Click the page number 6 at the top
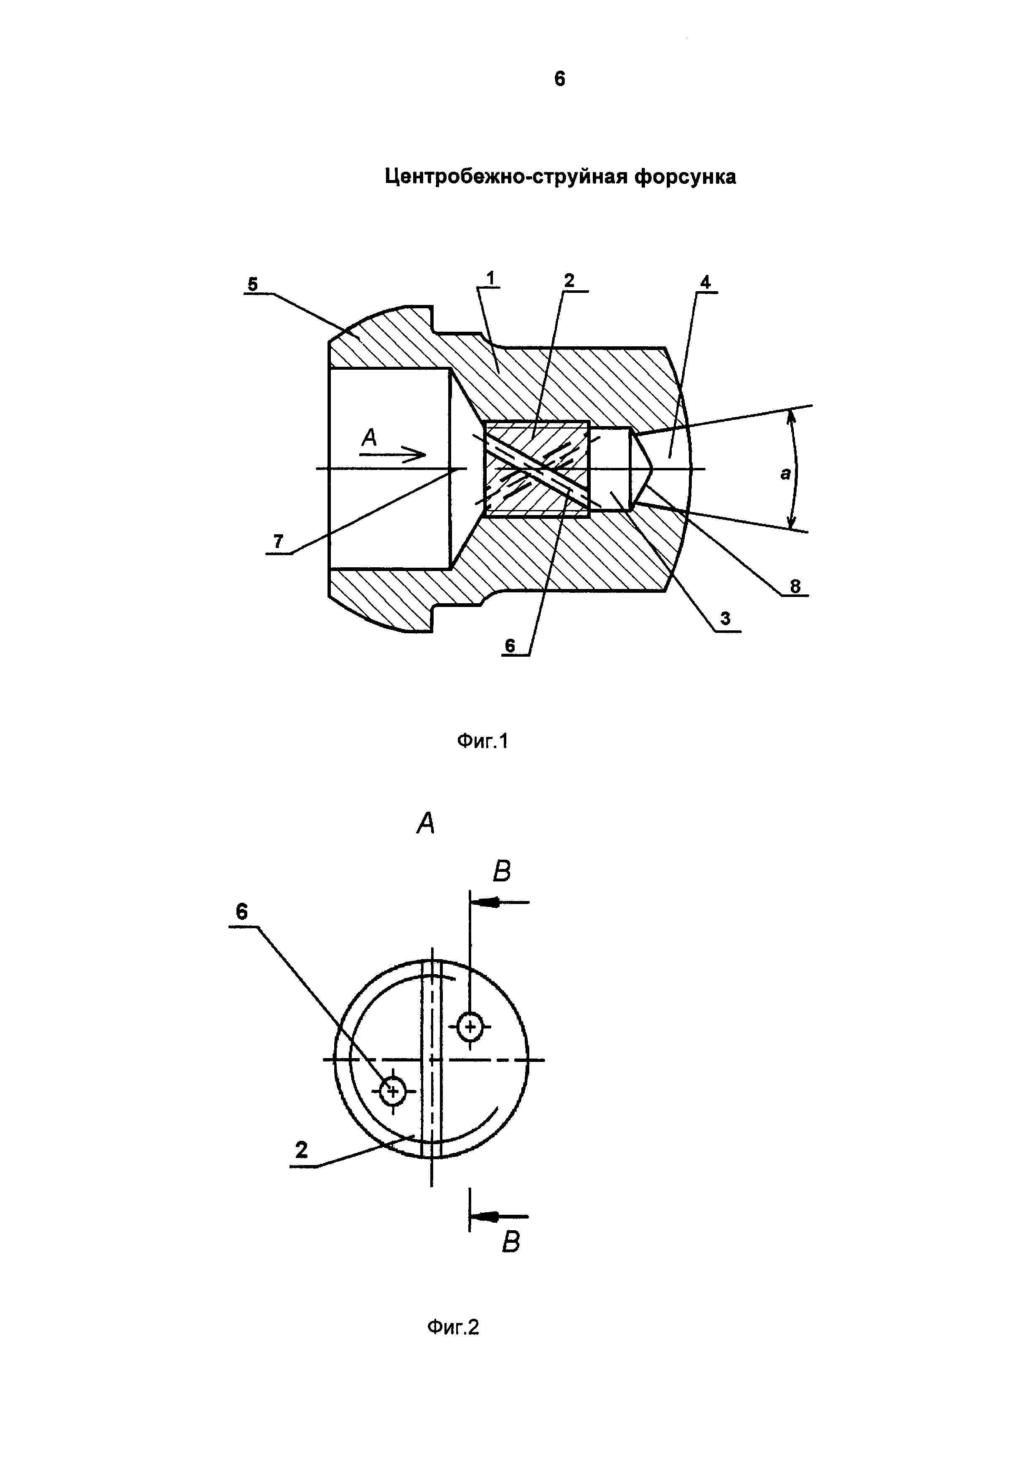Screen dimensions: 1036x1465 pyautogui.click(x=559, y=79)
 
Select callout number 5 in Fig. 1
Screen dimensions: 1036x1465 pyautogui.click(x=253, y=284)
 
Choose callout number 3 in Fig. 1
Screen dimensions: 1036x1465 pyautogui.click(x=725, y=618)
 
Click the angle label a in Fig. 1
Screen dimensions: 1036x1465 pyautogui.click(x=785, y=473)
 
